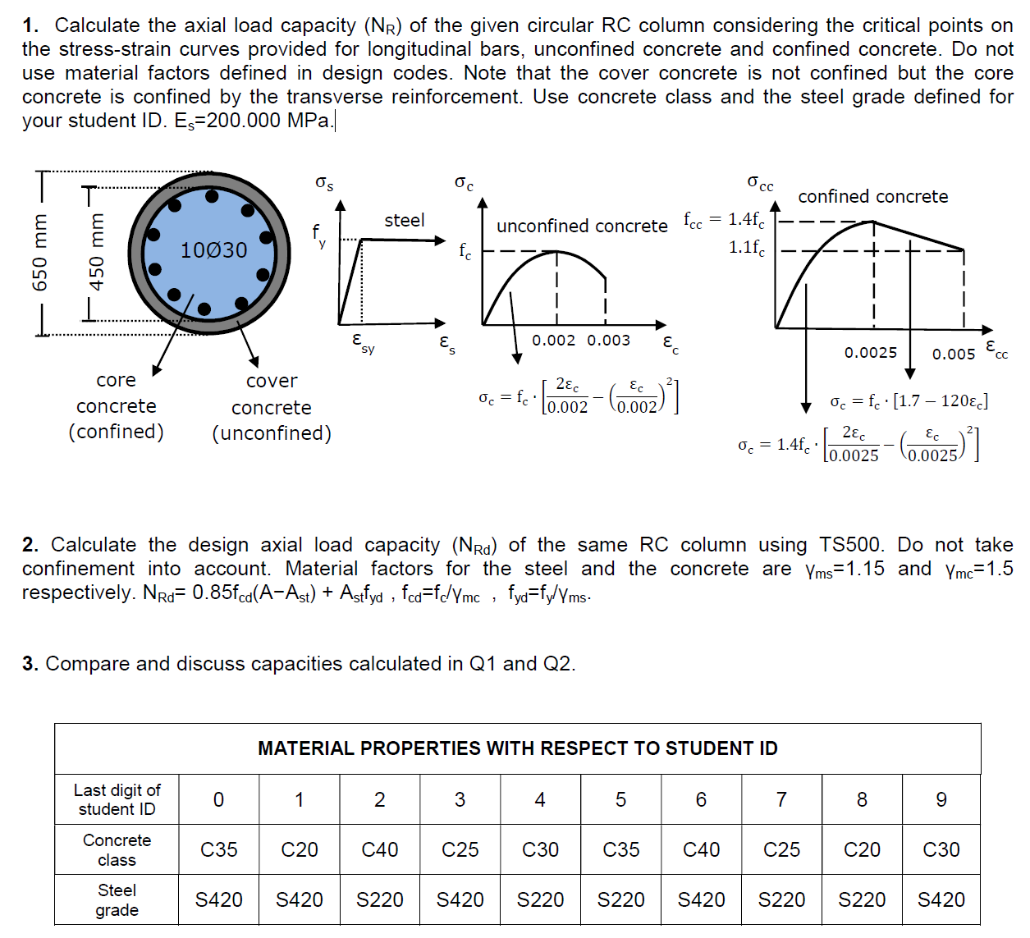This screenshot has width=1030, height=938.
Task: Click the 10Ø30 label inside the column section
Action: click(213, 250)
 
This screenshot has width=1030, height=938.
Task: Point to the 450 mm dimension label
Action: click(97, 252)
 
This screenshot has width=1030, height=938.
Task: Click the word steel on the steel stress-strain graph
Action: click(405, 220)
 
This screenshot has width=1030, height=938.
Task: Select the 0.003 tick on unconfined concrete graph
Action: click(608, 341)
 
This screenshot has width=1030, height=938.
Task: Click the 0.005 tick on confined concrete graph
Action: click(953, 354)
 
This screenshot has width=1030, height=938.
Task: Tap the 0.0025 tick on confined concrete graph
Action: click(871, 352)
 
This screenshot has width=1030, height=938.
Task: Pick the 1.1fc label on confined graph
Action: click(747, 247)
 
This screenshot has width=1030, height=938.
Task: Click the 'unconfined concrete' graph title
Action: click(582, 226)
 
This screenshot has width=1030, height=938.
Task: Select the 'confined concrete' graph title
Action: click(872, 196)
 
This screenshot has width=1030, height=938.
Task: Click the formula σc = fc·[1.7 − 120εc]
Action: click(909, 401)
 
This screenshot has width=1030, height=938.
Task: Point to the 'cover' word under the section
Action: click(272, 381)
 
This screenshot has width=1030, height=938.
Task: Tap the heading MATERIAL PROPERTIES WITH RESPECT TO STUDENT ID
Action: click(517, 748)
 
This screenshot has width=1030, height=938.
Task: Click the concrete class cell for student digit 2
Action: click(379, 849)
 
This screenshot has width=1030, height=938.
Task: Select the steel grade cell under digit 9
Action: click(941, 899)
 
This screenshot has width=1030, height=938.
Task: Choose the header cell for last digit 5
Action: click(620, 799)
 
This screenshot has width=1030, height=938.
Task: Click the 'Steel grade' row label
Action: click(117, 899)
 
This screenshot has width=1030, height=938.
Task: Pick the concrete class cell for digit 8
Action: click(862, 849)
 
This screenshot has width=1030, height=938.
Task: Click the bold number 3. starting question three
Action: click(30, 663)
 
